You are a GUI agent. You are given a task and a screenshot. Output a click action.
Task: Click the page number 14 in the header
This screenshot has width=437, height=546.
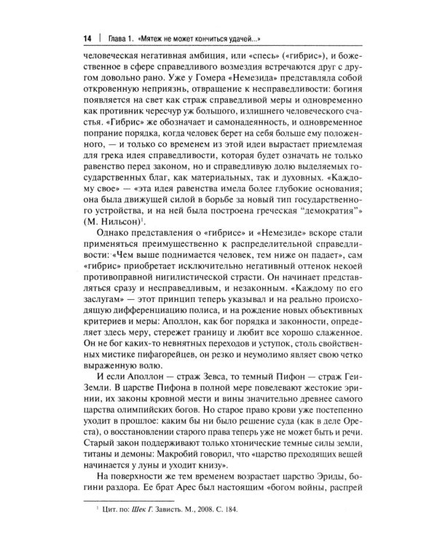pyautogui.click(x=87, y=36)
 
